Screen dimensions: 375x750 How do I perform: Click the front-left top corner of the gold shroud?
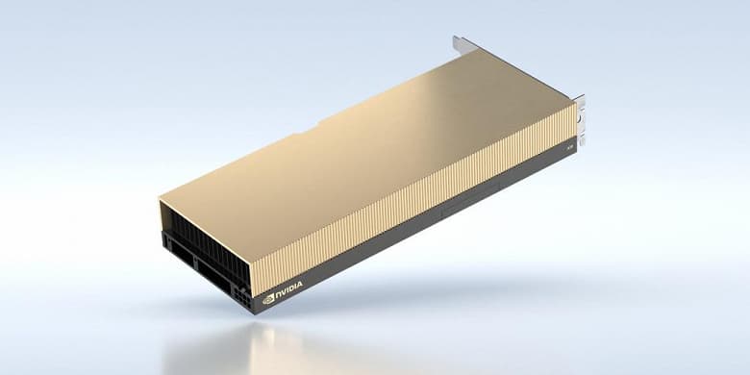[x=159, y=200]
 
